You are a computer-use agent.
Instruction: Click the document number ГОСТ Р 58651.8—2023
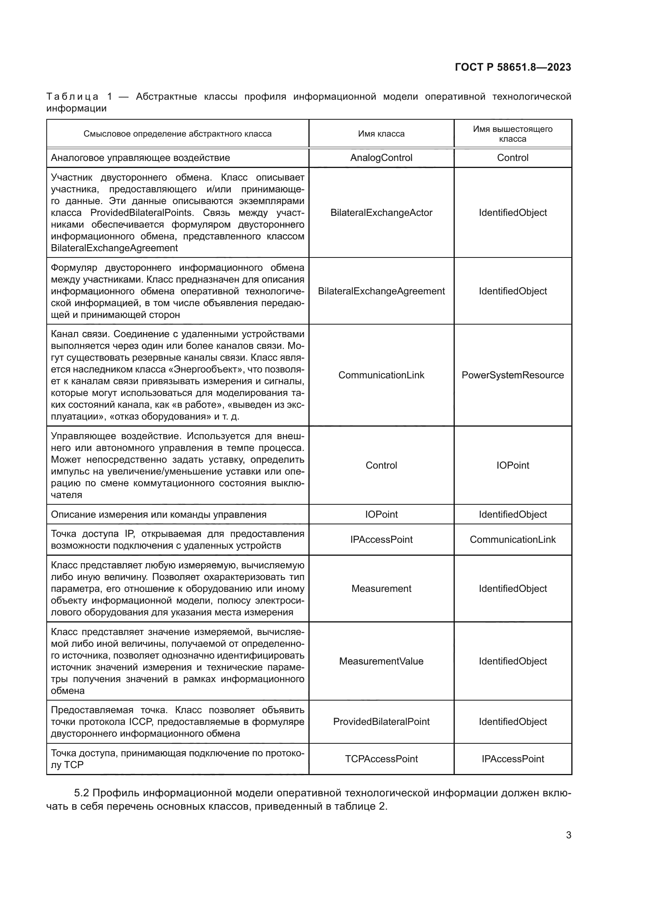[513, 67]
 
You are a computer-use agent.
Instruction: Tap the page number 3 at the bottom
[568, 835]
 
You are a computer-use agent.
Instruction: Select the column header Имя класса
[381, 134]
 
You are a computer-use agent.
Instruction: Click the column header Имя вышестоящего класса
[512, 134]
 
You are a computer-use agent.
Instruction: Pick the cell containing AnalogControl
[381, 157]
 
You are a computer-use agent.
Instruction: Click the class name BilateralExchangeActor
[381, 213]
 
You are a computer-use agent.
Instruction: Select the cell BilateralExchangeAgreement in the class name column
[381, 291]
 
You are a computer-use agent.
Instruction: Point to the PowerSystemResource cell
[512, 375]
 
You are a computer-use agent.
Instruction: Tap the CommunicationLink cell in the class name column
[381, 375]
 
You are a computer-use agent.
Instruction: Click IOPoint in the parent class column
[512, 465]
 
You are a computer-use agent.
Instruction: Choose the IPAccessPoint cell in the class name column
[381, 539]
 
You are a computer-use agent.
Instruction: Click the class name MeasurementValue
[381, 661]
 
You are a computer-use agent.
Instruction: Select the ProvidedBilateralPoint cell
[381, 722]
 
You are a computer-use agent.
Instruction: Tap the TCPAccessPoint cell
[381, 759]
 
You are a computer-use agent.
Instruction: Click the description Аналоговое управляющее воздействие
[140, 157]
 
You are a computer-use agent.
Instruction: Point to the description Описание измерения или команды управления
[158, 515]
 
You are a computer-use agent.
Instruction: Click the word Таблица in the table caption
[72, 97]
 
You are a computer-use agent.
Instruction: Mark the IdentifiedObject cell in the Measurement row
[512, 589]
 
